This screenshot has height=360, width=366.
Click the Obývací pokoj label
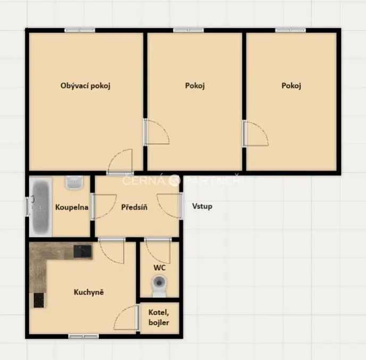point(85,86)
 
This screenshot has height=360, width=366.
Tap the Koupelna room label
point(72,207)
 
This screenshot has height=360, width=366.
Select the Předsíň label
point(134,207)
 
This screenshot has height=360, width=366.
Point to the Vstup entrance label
point(202,206)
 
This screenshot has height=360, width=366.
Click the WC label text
point(160,267)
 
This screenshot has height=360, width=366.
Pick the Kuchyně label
point(89,292)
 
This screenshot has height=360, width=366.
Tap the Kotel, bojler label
point(159,317)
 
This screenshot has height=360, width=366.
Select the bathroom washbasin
point(74,182)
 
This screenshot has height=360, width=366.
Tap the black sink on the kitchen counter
point(82,252)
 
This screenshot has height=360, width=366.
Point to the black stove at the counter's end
point(38,300)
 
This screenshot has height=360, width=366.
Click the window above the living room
point(80,30)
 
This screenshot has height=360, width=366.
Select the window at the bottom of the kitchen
point(84,336)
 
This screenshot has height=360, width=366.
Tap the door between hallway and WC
point(158,250)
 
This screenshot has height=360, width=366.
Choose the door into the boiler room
point(127,317)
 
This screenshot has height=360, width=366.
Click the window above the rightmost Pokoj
point(290,30)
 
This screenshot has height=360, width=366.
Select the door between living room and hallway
point(120,162)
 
